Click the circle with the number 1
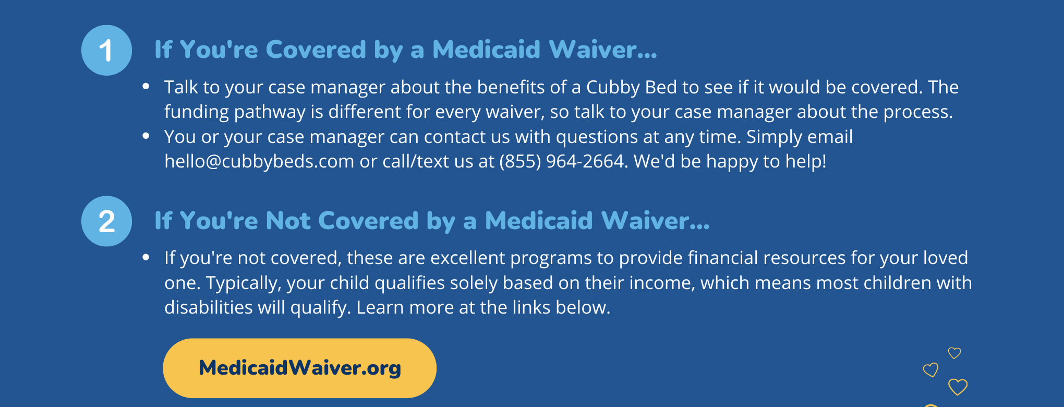(x=106, y=50)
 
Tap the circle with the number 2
(x=106, y=221)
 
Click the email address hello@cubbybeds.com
(x=259, y=161)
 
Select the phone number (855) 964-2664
(x=562, y=161)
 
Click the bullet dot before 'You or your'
(x=146, y=136)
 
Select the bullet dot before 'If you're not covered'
(x=146, y=257)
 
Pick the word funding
(x=197, y=112)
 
